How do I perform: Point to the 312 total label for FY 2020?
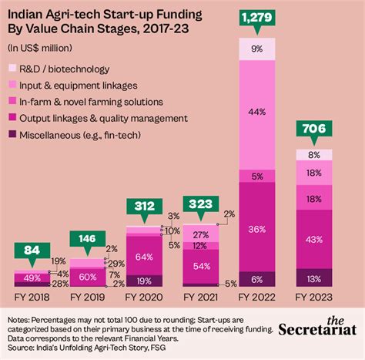[144, 207]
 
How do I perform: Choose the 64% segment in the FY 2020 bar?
[144, 256]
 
